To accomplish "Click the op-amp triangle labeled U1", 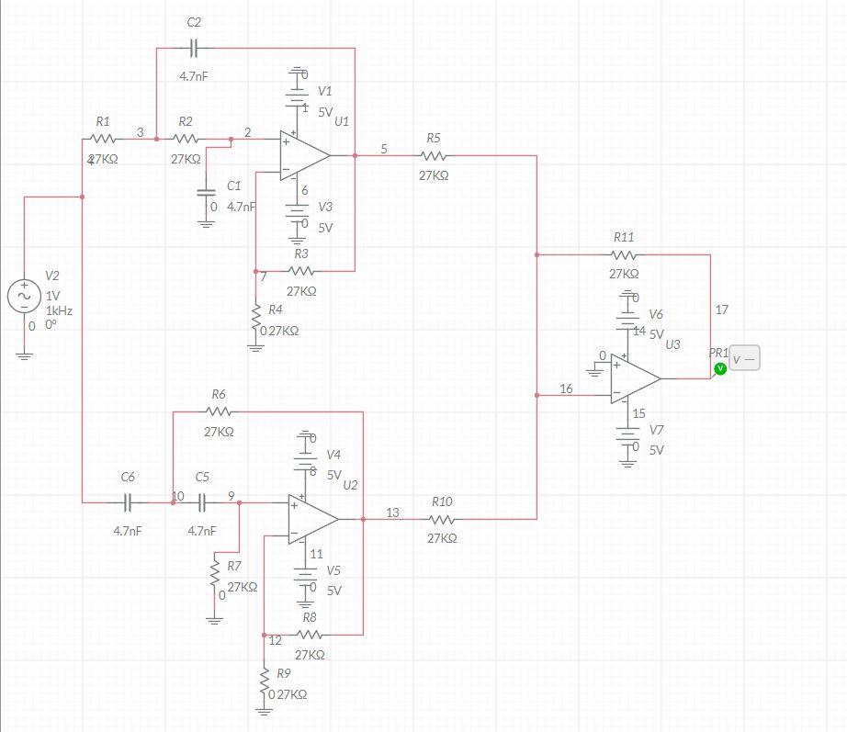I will pyautogui.click(x=304, y=156).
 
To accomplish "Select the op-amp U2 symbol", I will pyautogui.click(x=312, y=519).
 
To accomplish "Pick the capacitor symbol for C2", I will pyautogui.click(x=194, y=47).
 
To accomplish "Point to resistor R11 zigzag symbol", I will pyautogui.click(x=623, y=254).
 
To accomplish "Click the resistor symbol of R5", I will pyautogui.click(x=433, y=156).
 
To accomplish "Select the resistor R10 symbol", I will pyautogui.click(x=441, y=519).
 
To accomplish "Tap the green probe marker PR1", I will pyautogui.click(x=720, y=368).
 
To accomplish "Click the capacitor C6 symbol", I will pyautogui.click(x=128, y=502).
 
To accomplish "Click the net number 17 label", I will pyautogui.click(x=721, y=310).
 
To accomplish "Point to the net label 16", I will pyautogui.click(x=566, y=389).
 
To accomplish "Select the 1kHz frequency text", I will pyautogui.click(x=59, y=311).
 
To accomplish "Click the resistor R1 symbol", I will pyautogui.click(x=102, y=140).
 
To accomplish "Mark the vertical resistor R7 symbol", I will pyautogui.click(x=215, y=574).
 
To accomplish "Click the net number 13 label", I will pyautogui.click(x=392, y=512).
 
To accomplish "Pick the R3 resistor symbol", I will pyautogui.click(x=302, y=271).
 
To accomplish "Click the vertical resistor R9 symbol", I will pyautogui.click(x=265, y=680).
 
